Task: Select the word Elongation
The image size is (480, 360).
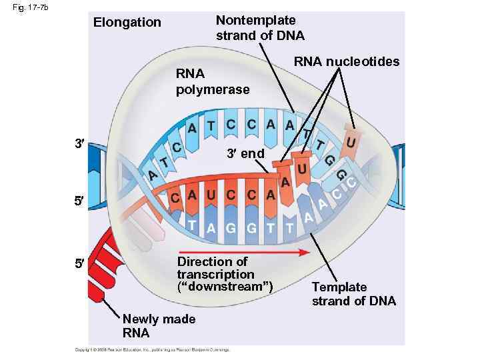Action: (127, 23)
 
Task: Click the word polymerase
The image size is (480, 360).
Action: (213, 89)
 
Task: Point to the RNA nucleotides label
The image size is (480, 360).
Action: (347, 62)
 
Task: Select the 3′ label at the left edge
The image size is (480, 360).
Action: (79, 143)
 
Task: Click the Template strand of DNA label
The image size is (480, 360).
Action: (353, 294)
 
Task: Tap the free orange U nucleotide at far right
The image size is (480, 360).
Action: (351, 142)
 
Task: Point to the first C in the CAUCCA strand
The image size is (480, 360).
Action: (175, 199)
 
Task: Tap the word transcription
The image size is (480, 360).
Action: (215, 275)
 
